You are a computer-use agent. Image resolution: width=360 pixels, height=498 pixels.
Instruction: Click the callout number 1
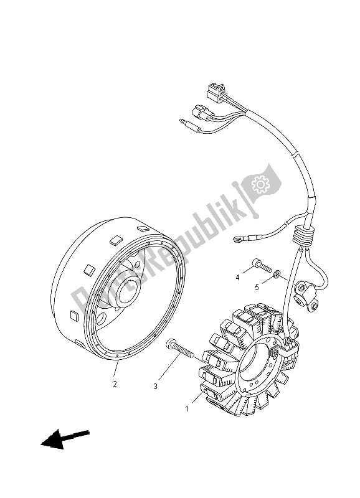186,409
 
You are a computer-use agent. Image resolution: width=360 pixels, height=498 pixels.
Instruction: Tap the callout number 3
155,387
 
